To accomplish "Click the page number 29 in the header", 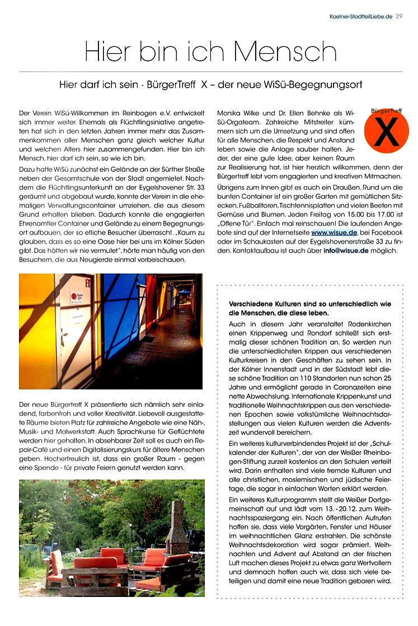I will [398, 16].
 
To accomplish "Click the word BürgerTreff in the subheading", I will [171, 85].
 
